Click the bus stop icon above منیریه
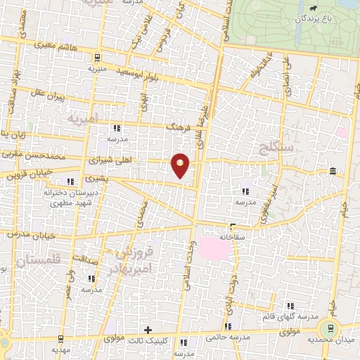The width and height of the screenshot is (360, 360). (x=97, y=58)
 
